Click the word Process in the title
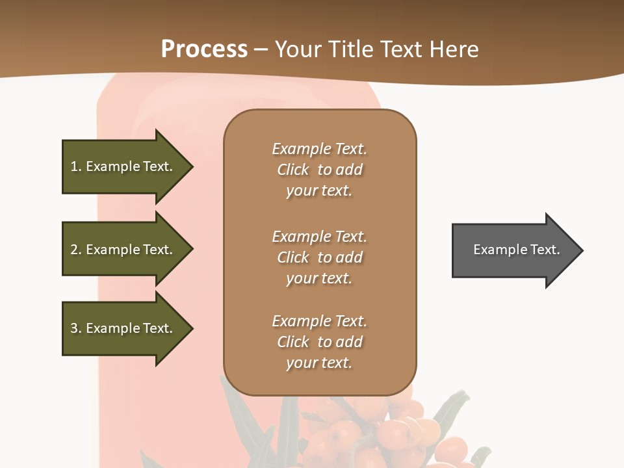click(204, 49)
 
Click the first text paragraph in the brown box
click(319, 170)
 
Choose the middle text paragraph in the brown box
click(319, 257)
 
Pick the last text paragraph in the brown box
click(319, 342)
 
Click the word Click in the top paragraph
click(293, 170)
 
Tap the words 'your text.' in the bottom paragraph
click(319, 363)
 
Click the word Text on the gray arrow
click(545, 250)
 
